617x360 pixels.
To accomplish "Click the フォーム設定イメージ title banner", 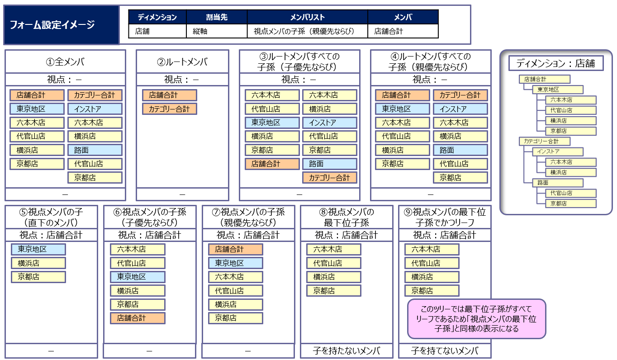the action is (62, 25).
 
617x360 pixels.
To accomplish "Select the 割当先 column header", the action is (217, 17).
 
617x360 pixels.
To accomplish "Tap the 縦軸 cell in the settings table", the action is (217, 31).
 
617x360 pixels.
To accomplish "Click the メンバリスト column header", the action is (308, 17).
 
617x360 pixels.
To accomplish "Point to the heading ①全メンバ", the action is (65, 62).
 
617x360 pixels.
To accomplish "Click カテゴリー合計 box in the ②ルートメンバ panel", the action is (169, 109).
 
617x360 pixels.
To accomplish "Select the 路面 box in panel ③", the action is (329, 164).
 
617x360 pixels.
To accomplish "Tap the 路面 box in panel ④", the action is (460, 150).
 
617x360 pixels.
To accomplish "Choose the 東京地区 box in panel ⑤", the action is (38, 249).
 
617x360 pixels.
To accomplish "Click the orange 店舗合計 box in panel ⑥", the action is (138, 318).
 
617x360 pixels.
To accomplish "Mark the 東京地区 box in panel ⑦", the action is (236, 263).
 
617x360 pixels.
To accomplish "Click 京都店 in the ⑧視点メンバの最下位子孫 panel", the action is (333, 291).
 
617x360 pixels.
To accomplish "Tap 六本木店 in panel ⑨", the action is (432, 249).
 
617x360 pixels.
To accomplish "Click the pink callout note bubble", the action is (476, 319).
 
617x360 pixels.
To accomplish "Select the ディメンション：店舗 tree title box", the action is (556, 63).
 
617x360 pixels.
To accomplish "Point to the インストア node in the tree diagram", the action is (557, 152).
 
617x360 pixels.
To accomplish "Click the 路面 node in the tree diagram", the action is (557, 183).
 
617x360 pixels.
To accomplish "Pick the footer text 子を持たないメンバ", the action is (346, 351).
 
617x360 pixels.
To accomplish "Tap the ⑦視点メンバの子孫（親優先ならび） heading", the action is (248, 217).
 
